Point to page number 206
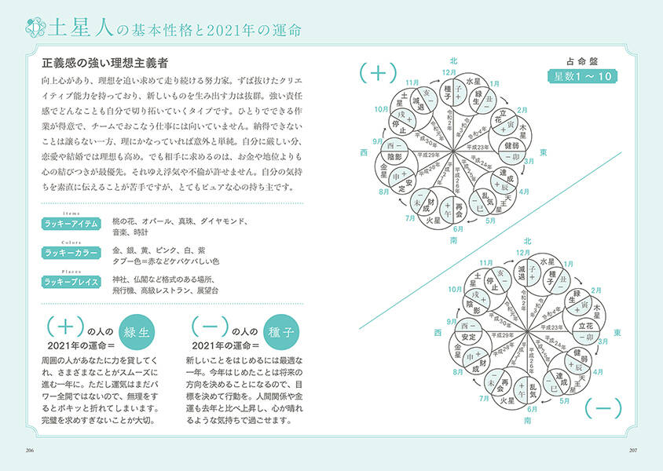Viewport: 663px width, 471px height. tap(31, 450)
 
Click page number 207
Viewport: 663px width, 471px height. tap(632, 450)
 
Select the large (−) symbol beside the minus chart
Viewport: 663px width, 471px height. tap(603, 407)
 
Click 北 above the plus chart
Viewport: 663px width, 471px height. tap(453, 60)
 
